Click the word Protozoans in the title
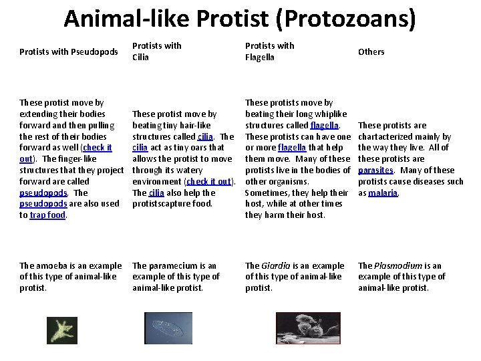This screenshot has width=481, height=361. click(x=341, y=18)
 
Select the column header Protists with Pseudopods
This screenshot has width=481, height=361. click(x=69, y=51)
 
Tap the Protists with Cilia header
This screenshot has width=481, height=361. click(x=156, y=51)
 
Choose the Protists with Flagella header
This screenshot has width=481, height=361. click(x=269, y=51)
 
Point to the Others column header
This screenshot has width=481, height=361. click(x=371, y=51)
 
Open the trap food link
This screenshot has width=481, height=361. click(x=47, y=215)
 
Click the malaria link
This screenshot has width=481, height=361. click(x=383, y=193)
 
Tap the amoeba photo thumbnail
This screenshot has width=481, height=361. click(x=61, y=330)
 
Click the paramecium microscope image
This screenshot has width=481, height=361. click(x=168, y=328)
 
